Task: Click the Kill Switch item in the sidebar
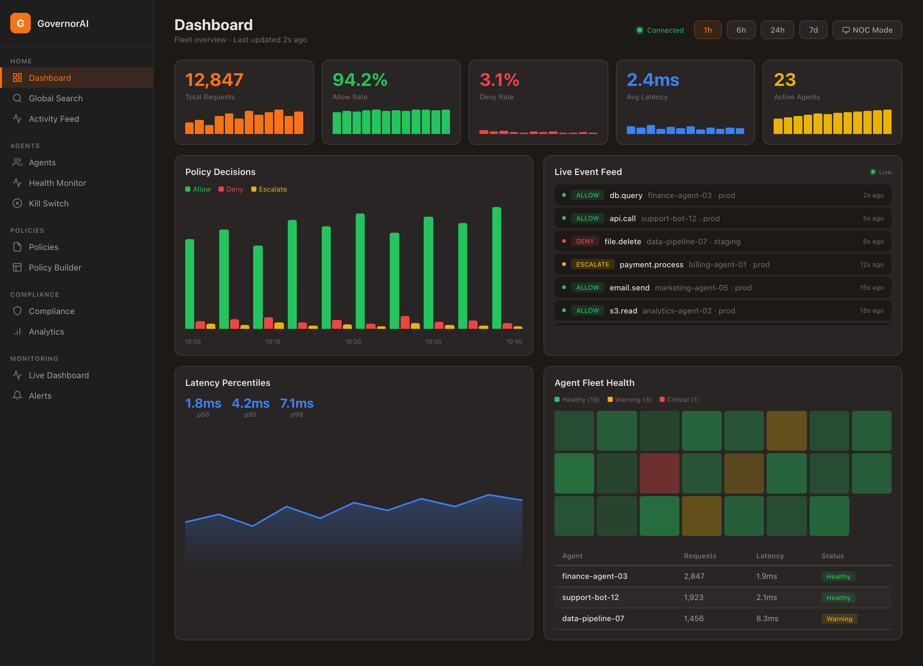coord(48,204)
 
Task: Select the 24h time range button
coord(777,30)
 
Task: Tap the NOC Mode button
coord(867,30)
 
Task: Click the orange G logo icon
coord(20,23)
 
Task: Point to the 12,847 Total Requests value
coord(214,80)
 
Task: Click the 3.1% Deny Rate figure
coord(499,80)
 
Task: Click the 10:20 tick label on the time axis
coord(353,342)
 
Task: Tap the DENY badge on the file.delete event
coord(585,241)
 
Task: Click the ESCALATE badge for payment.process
coord(592,265)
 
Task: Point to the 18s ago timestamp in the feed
coord(871,311)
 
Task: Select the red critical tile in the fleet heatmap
coord(659,473)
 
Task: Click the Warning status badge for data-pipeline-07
coord(839,619)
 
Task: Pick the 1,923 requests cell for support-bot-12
coord(694,597)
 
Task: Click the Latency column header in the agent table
coord(769,556)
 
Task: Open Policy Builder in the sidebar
coord(55,268)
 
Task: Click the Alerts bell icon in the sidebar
coord(17,396)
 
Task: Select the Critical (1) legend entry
coord(678,400)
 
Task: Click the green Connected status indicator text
coord(665,30)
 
